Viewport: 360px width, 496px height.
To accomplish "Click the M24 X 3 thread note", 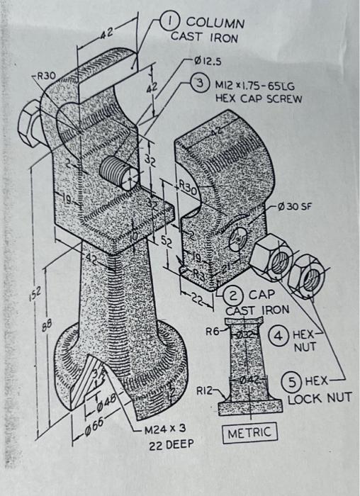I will (x=164, y=429).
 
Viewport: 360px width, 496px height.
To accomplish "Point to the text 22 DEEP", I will (x=169, y=446).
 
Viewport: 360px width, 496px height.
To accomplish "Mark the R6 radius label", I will (x=214, y=330).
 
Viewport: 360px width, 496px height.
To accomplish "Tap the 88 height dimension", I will (x=26, y=325).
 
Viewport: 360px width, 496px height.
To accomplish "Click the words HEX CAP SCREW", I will (x=258, y=98).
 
